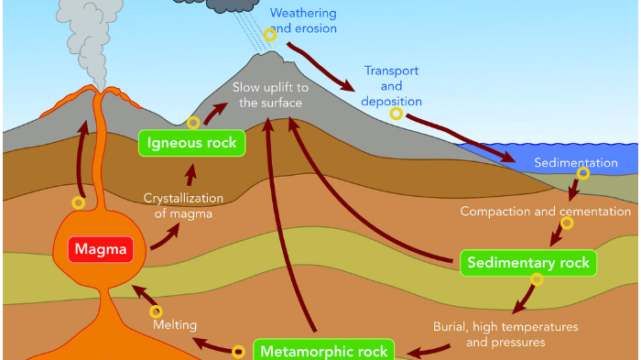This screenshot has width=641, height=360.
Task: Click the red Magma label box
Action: (100, 249)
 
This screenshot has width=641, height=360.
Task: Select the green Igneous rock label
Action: (192, 142)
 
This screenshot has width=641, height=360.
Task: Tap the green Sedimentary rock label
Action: (527, 263)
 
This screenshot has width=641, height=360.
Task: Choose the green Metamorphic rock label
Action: (322, 351)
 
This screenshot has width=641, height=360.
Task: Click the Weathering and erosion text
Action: (303, 21)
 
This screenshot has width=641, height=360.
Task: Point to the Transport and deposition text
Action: (393, 86)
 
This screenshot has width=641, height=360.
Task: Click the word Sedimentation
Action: (576, 163)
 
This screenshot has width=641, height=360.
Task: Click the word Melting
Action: (174, 324)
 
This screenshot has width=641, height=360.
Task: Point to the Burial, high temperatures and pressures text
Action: (505, 334)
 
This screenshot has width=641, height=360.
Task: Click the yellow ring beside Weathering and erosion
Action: (269, 35)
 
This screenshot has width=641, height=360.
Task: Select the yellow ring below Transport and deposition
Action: (397, 114)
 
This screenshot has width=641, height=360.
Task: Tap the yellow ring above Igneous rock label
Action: (193, 123)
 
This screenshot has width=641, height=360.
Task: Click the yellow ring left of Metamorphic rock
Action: (238, 351)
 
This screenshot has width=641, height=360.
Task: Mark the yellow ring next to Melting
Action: (155, 312)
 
